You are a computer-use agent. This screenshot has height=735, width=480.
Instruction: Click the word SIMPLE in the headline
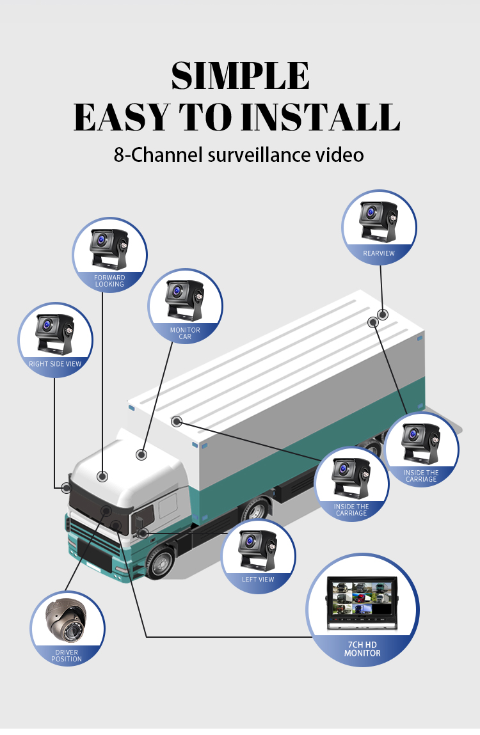point(240,76)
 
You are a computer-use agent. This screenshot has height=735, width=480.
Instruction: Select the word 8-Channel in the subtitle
point(158,155)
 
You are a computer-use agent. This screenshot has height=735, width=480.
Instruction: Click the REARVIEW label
point(379,253)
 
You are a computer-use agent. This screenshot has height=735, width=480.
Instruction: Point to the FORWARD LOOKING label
point(109,281)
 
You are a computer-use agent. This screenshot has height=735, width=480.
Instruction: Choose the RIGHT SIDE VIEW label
point(55,364)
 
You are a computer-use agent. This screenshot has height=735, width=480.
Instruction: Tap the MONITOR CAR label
point(185,333)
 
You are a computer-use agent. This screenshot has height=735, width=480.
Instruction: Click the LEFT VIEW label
point(257,580)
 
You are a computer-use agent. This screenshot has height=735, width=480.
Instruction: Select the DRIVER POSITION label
point(67,655)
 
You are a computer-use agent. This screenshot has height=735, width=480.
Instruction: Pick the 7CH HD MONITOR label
point(362,649)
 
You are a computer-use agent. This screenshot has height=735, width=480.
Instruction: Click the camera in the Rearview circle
point(379,221)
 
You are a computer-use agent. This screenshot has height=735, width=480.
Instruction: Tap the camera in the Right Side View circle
point(55,334)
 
